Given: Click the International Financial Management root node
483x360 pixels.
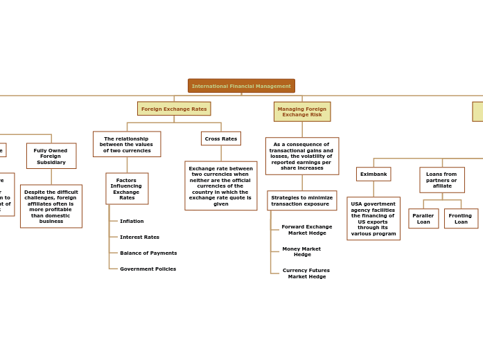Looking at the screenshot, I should (241, 86).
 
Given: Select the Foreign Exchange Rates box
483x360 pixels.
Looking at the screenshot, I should (174, 109).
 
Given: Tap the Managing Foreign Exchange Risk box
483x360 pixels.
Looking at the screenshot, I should (302, 111).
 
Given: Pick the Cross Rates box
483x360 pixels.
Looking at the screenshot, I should (221, 138).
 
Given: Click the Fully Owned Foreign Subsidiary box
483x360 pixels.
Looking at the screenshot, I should (51, 156).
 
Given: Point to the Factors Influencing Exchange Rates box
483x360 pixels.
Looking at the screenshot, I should (127, 188).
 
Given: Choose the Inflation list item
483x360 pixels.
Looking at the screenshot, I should (132, 222).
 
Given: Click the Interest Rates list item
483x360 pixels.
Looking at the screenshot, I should (139, 237).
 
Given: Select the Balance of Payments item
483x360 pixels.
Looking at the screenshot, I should (148, 253).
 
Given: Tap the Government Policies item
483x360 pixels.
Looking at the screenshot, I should (148, 269).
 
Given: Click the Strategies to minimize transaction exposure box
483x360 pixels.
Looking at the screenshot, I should (302, 201).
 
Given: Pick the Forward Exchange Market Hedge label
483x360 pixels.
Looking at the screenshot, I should (307, 230).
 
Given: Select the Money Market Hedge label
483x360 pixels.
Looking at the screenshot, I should (301, 252).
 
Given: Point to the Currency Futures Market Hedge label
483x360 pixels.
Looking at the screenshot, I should (306, 273).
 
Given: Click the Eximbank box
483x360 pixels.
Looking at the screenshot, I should (374, 174).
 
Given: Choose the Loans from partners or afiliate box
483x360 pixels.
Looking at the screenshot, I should (442, 180).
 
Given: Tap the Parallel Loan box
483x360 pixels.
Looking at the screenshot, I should (423, 219).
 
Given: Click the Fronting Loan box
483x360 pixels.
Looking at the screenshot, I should (461, 219).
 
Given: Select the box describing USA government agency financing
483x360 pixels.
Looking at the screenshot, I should (374, 219).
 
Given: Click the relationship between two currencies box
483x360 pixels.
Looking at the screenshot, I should (127, 144).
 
